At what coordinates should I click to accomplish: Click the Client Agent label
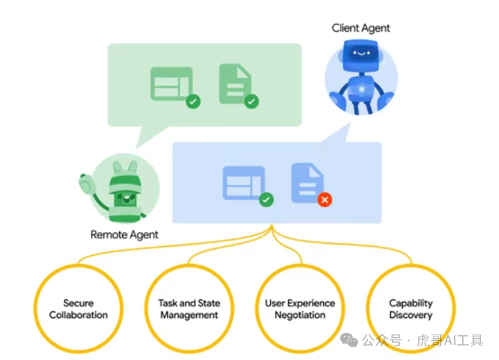coord(361,28)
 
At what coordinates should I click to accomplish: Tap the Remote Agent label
coord(125,235)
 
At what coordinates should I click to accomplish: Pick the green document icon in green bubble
coord(234,83)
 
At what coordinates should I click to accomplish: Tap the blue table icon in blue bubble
coord(244,182)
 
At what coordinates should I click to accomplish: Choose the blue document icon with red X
coord(307,182)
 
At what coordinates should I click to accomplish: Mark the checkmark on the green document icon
coord(252,101)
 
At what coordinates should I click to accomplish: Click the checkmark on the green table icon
coord(193,101)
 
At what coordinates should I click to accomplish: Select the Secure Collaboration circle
coord(78,309)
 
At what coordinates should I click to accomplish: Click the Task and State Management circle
coord(189,309)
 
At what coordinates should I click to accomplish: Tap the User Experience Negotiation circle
coord(300,309)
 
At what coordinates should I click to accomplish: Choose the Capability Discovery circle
coord(411,309)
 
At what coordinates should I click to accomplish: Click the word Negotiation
coord(300,315)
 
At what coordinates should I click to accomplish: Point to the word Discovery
coord(411,315)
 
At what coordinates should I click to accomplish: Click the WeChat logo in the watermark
coord(349,341)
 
